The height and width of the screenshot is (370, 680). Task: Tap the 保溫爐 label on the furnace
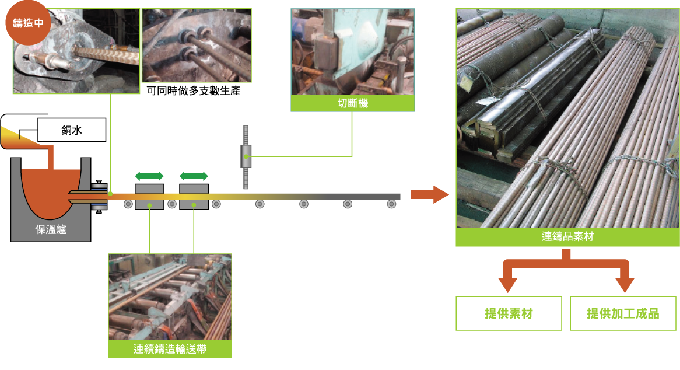point(51,230)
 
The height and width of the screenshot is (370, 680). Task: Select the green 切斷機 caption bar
point(353,104)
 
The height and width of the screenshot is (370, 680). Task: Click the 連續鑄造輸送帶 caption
point(170,350)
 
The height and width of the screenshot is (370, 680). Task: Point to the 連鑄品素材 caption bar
point(567,237)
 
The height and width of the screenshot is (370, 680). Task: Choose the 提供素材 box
point(509,314)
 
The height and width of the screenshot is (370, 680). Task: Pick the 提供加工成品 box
point(623,314)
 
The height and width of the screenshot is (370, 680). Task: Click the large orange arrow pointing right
point(429,194)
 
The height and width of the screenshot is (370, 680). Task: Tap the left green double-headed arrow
point(149,176)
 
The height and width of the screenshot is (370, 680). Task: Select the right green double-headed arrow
point(194,176)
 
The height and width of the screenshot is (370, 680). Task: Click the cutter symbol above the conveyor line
point(246,156)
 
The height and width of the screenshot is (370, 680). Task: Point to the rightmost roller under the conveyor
point(391,204)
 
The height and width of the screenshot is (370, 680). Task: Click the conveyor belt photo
point(170,297)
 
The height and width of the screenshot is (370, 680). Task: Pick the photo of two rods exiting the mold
point(197,44)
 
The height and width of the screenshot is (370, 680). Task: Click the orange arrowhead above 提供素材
point(508,285)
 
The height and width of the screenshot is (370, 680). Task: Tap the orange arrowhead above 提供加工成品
point(625,285)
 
